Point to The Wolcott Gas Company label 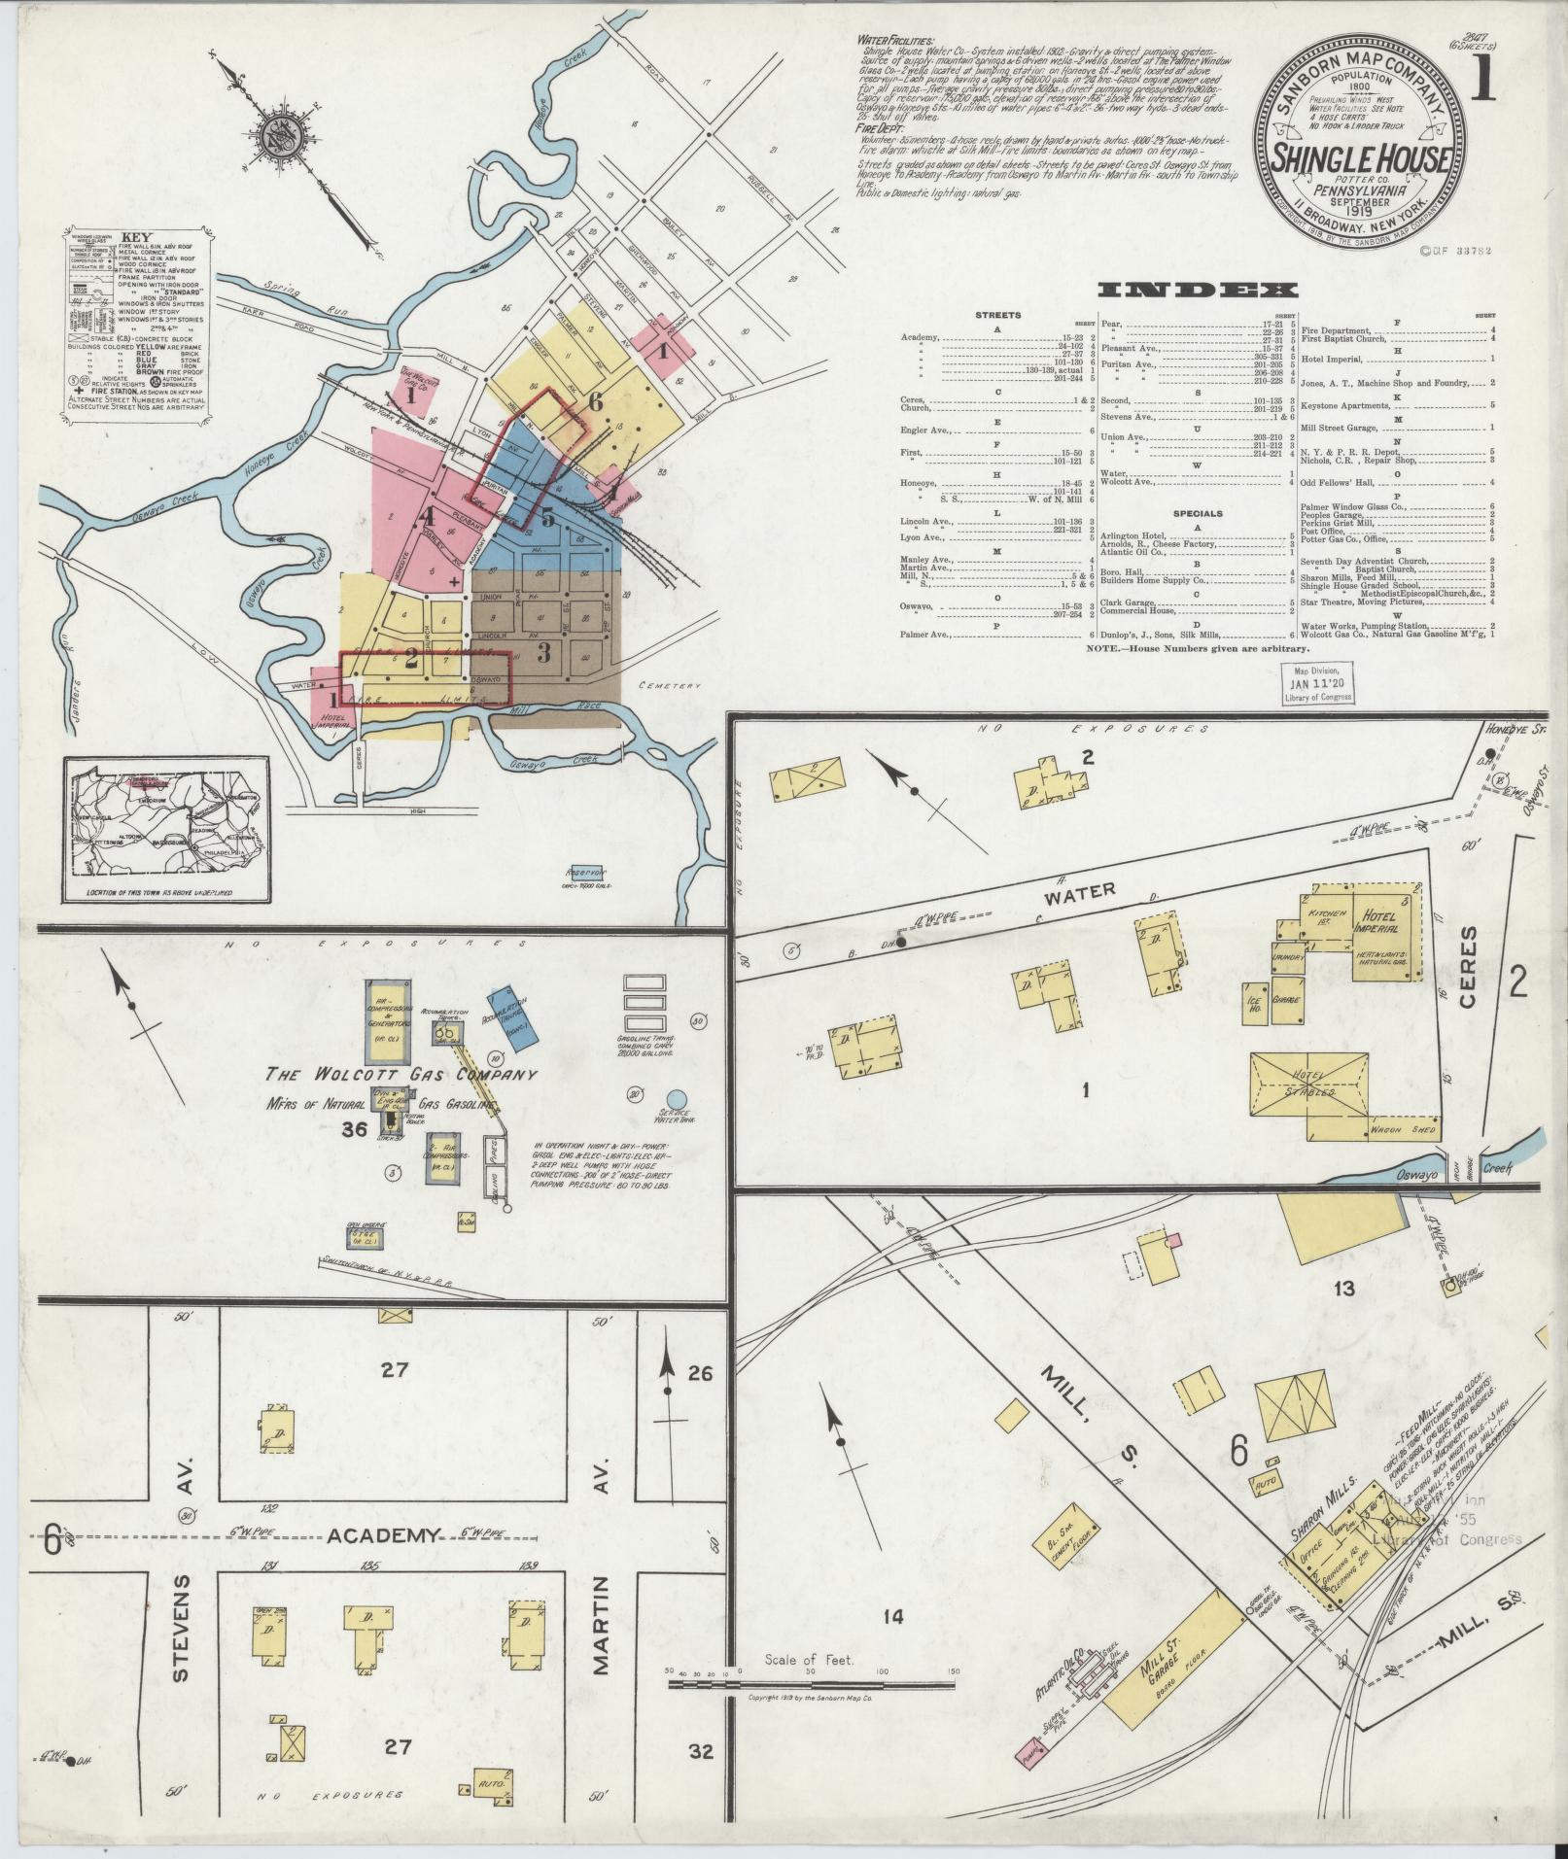tap(401, 1076)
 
